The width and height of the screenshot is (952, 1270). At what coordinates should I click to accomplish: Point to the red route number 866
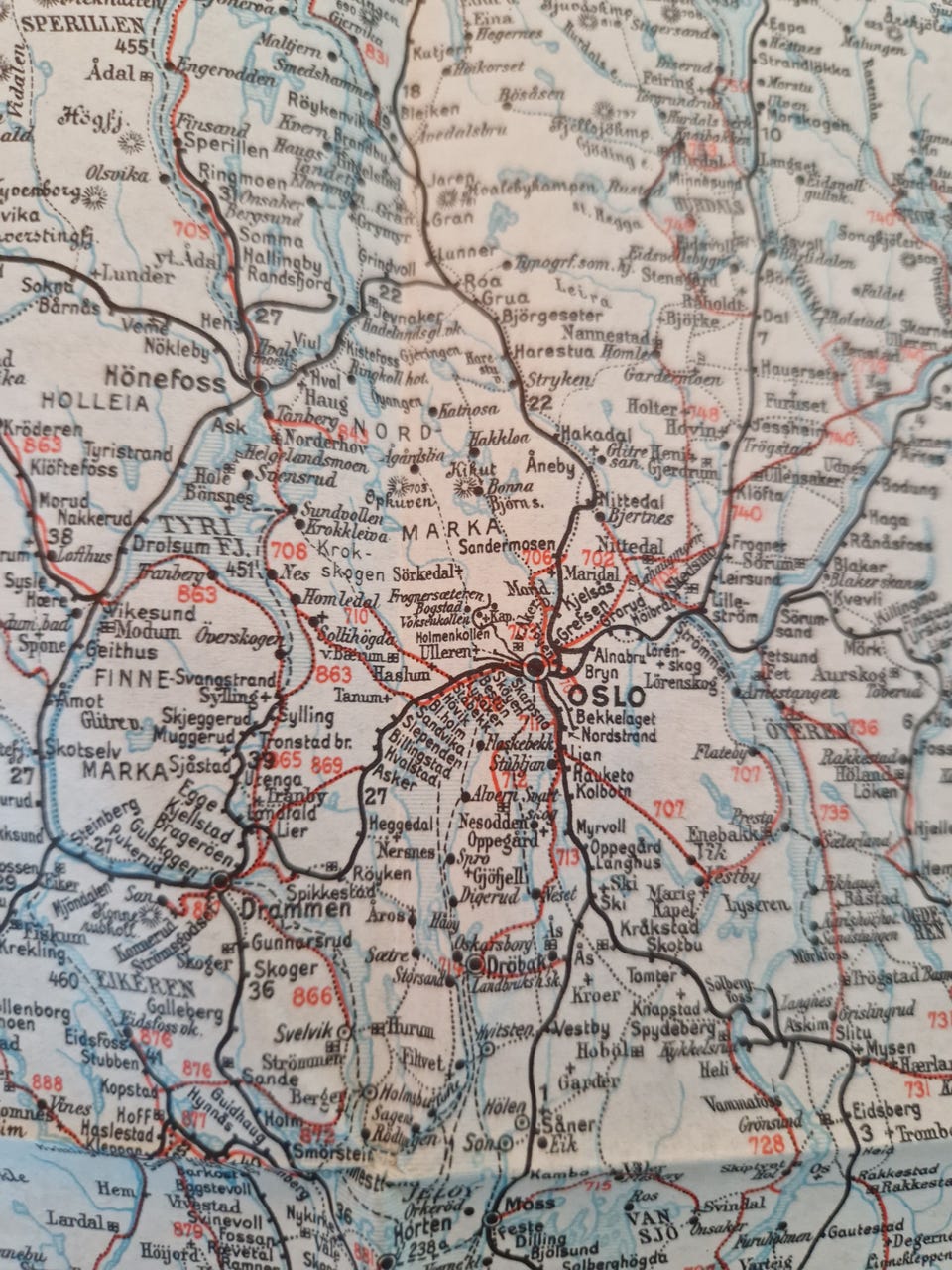(x=312, y=996)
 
